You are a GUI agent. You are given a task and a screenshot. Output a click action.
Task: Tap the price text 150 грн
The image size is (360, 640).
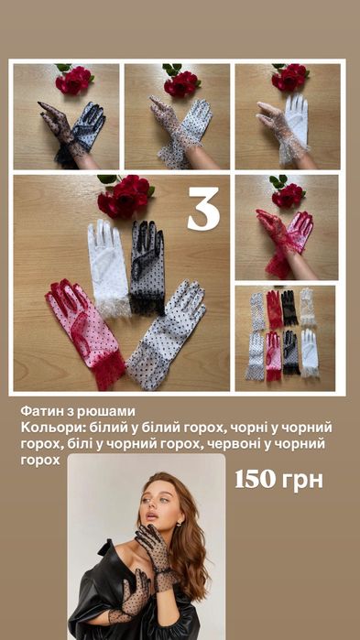[278, 480]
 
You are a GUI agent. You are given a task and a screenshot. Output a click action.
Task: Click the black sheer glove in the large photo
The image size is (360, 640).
[146, 266]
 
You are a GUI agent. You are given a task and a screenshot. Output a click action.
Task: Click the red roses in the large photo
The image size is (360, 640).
[124, 196]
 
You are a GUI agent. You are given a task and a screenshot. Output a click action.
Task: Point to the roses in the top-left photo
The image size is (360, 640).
[73, 81]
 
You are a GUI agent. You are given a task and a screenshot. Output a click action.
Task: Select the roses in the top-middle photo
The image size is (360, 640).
[181, 81]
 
